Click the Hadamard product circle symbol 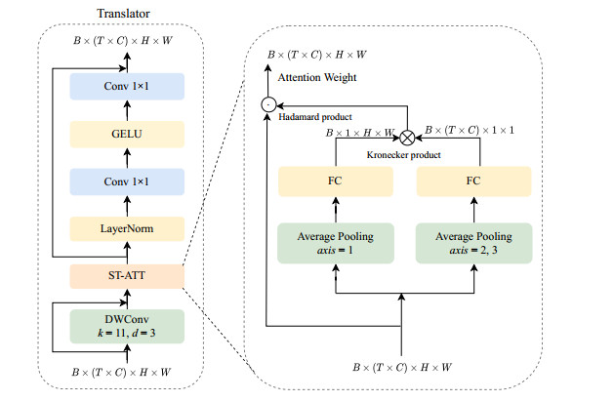(x=266, y=104)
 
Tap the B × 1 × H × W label (x=362, y=132)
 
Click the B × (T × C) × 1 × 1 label (x=463, y=132)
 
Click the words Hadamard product (x=311, y=116)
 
